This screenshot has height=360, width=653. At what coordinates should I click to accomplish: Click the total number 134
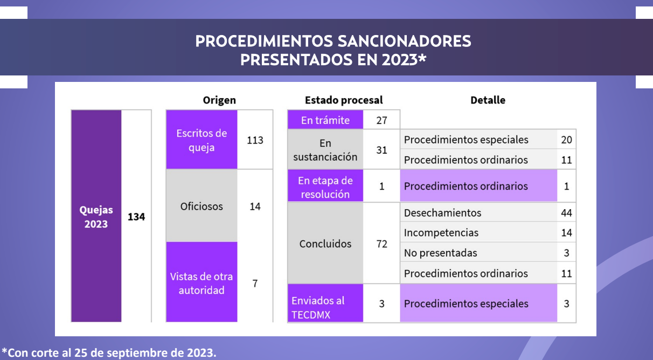click(x=136, y=217)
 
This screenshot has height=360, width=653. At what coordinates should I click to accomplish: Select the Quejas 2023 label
click(x=96, y=217)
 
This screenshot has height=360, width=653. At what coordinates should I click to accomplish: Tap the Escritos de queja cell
click(x=202, y=140)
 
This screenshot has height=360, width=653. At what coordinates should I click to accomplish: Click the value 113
click(x=255, y=140)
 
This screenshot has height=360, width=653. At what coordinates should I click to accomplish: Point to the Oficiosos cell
click(x=202, y=206)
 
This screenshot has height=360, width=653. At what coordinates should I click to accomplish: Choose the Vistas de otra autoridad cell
click(x=202, y=282)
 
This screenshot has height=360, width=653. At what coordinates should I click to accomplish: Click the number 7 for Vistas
click(x=255, y=283)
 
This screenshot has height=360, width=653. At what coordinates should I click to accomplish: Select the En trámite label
click(x=325, y=120)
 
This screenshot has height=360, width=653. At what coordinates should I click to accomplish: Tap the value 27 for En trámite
click(x=381, y=120)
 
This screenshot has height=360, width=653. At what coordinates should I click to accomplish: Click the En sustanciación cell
click(x=325, y=149)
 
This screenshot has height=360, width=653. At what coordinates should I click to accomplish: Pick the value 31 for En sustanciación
click(x=381, y=150)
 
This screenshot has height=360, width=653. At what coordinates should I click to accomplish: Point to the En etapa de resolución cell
click(x=325, y=186)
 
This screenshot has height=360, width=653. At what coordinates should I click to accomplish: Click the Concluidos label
click(x=325, y=244)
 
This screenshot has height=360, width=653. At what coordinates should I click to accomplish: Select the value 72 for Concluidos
click(x=381, y=244)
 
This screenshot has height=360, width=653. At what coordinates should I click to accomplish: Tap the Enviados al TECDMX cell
click(x=325, y=303)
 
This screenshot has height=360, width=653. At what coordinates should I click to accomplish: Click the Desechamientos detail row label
click(x=442, y=213)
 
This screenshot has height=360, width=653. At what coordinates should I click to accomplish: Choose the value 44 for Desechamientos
click(x=566, y=213)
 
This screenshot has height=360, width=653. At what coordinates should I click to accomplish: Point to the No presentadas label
click(x=441, y=253)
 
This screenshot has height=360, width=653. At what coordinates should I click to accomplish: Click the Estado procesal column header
click(x=344, y=100)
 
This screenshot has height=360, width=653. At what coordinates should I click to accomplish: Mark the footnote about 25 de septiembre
click(x=109, y=352)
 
